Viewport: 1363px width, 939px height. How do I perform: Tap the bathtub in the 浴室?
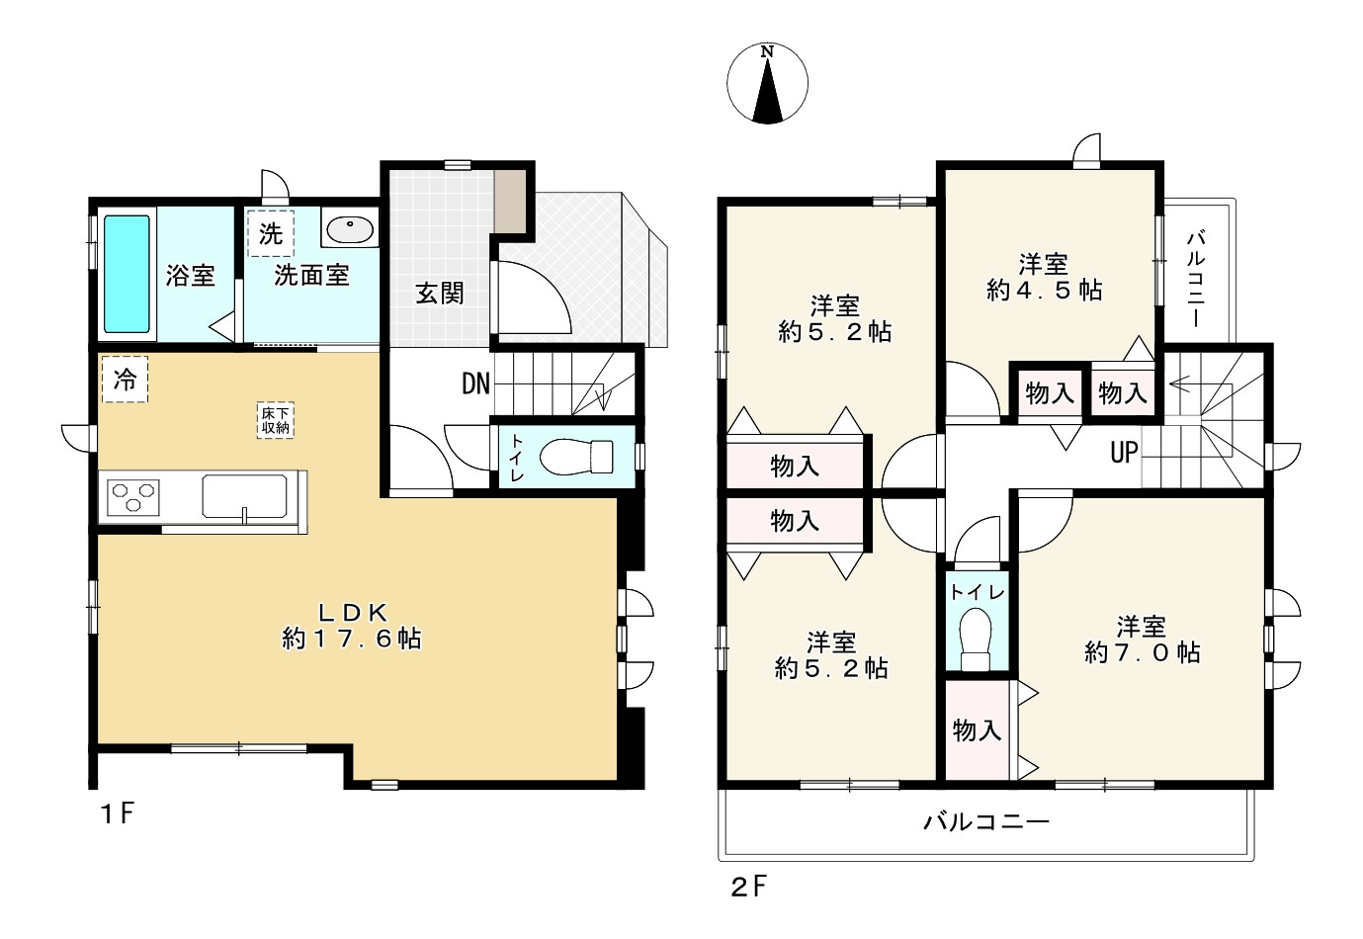[127, 274]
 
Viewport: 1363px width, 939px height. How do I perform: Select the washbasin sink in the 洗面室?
[349, 230]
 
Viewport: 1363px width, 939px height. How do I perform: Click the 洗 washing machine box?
[270, 233]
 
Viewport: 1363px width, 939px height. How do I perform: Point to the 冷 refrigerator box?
[125, 379]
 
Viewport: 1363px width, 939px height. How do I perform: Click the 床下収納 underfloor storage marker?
[276, 420]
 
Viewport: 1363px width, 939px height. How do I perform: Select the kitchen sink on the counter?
[244, 495]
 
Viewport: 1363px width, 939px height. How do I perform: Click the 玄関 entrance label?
[439, 293]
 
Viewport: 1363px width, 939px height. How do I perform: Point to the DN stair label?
[475, 384]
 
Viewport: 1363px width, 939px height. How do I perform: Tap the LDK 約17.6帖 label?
[352, 626]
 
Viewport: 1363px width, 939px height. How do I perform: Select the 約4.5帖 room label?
[1044, 278]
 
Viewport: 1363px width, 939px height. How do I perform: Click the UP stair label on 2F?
[1124, 453]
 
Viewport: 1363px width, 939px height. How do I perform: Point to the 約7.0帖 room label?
[1142, 640]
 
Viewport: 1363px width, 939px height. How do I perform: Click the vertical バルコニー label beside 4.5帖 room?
[1195, 278]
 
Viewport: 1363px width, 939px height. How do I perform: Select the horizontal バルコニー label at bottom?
[985, 821]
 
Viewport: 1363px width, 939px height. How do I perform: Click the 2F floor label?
[748, 886]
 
